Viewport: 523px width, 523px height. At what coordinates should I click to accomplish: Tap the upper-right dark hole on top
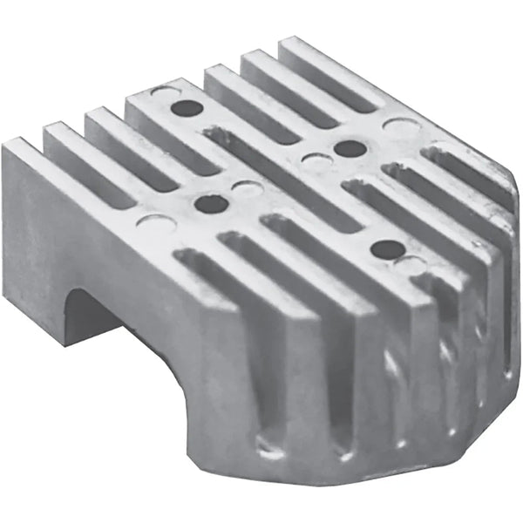tap(350, 147)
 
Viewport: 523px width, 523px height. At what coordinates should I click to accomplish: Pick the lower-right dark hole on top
tap(386, 249)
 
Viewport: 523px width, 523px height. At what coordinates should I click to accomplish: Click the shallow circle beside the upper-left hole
tap(163, 92)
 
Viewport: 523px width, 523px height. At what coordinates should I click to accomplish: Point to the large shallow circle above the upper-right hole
tap(398, 128)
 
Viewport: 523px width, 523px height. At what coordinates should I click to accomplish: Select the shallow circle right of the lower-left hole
tap(248, 188)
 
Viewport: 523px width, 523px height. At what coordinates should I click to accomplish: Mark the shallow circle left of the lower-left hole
tap(156, 221)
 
